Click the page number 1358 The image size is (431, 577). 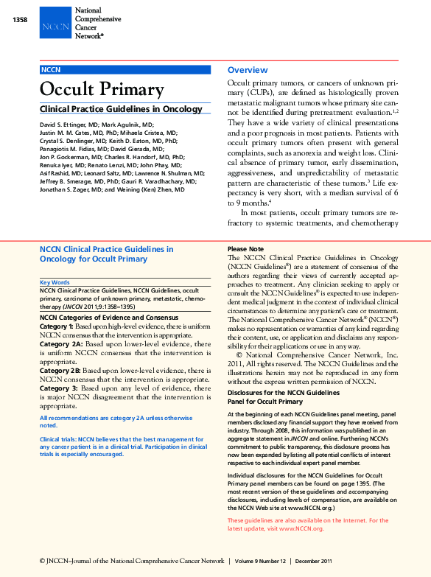pyautogui.click(x=20, y=20)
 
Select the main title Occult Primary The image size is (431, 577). pyautogui.click(x=101, y=90)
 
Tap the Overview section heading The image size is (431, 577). pyautogui.click(x=248, y=70)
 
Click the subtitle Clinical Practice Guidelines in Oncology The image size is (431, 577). pyautogui.click(x=120, y=110)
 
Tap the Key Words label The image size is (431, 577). pyautogui.click(x=55, y=282)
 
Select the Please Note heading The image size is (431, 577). pyautogui.click(x=245, y=249)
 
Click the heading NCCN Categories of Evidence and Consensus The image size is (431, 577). pyautogui.click(x=108, y=317)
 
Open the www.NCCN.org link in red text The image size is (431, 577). pyautogui.click(x=307, y=528)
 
